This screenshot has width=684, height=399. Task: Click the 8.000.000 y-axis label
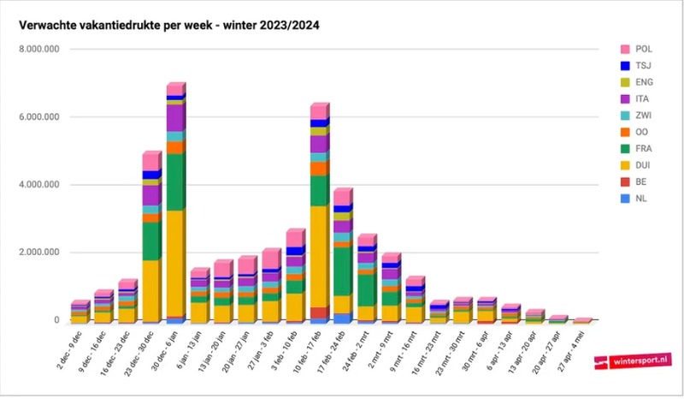[x=39, y=50]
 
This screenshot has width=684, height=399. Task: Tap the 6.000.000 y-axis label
[x=39, y=117]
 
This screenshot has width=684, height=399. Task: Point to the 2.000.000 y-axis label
[x=39, y=253]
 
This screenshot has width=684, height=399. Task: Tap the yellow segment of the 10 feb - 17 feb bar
[x=319, y=257]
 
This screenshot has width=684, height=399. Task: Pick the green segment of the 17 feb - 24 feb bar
[x=343, y=271]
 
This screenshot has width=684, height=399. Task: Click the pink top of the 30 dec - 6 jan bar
[x=175, y=89]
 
